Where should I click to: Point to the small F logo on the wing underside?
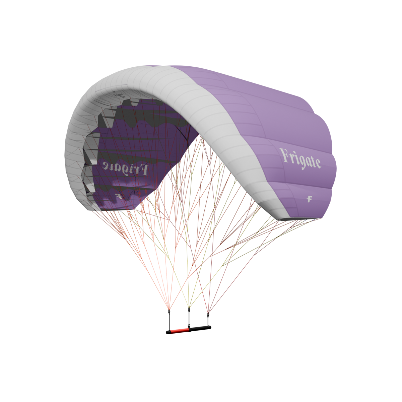[x=118, y=196]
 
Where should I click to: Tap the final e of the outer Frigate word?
[x=317, y=163]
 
